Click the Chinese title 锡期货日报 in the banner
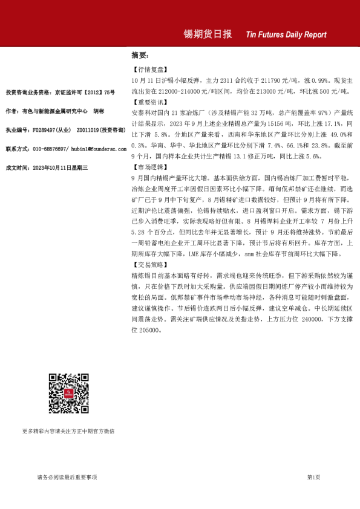click(x=208, y=34)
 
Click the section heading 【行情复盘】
click(x=149, y=70)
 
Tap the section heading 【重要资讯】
click(x=149, y=102)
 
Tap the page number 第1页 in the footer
click(x=314, y=477)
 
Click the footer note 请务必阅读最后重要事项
click(x=67, y=477)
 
